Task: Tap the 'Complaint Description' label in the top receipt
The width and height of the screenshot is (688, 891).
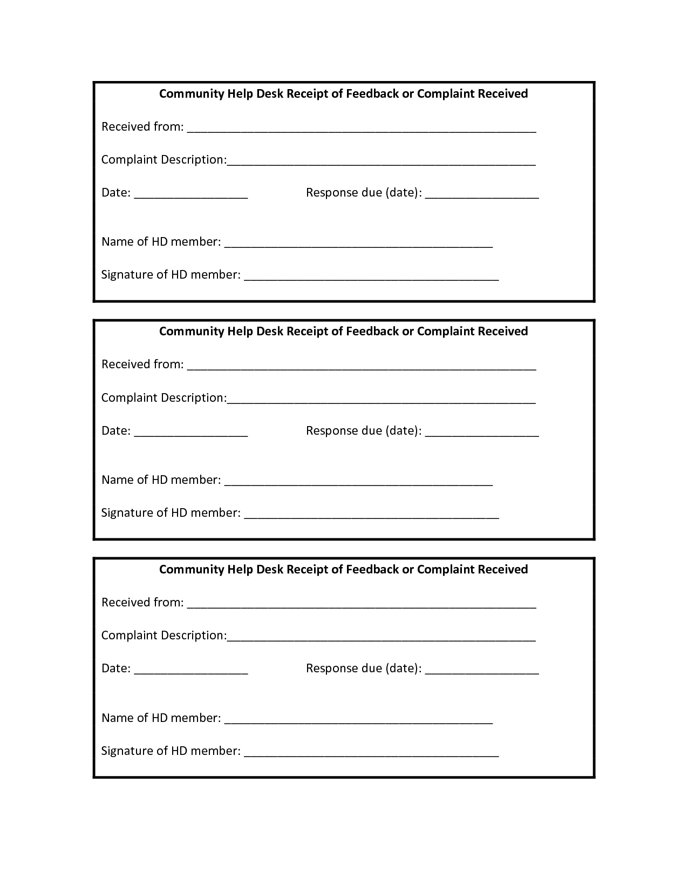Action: (164, 160)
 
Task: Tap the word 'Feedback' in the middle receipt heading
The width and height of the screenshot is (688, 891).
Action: (372, 332)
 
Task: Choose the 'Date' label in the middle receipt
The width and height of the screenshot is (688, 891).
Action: (116, 431)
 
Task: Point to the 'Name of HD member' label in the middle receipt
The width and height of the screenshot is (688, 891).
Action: (161, 480)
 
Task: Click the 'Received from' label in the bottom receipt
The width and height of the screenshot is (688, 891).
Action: (142, 603)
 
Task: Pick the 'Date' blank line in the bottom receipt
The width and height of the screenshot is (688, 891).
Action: (191, 672)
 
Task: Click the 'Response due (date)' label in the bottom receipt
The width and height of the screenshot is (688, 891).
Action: (364, 669)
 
